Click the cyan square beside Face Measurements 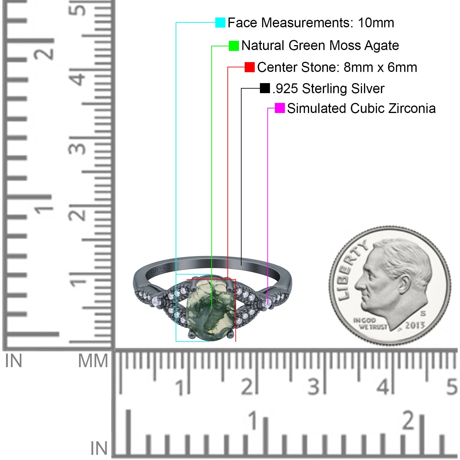coord(220,22)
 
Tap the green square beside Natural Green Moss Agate coord(234,46)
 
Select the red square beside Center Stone coord(250,67)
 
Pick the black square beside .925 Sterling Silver coord(265,88)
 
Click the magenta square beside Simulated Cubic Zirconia coord(280,108)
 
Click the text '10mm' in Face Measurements coord(376,23)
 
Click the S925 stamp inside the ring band coord(158,271)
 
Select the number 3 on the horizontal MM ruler coord(314,387)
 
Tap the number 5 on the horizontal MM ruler coord(452,387)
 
